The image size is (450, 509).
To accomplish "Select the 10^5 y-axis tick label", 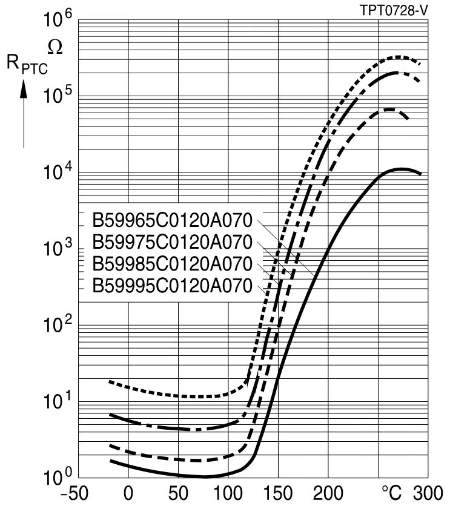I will pyautogui.click(x=58, y=97).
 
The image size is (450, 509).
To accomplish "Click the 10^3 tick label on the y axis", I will pyautogui.click(x=58, y=249).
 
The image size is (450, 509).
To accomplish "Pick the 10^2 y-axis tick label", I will pyautogui.click(x=58, y=326).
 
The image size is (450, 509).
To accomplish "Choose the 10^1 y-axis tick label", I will pyautogui.click(x=58, y=402).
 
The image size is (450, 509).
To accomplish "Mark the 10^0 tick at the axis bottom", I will pyautogui.click(x=58, y=477).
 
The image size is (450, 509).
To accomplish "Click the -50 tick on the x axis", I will pyautogui.click(x=78, y=493).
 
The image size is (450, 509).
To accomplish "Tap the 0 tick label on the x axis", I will pyautogui.click(x=128, y=493).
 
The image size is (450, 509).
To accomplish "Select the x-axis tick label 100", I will pyautogui.click(x=228, y=493).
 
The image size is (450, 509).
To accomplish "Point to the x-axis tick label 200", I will pyautogui.click(x=328, y=493).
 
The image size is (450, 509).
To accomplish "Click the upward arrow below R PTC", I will pyautogui.click(x=24, y=115).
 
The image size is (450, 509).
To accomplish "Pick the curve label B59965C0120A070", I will pyautogui.click(x=172, y=219).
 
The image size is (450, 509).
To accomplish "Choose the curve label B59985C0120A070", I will pyautogui.click(x=172, y=264).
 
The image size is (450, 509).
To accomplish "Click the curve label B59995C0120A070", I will pyautogui.click(x=172, y=286).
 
